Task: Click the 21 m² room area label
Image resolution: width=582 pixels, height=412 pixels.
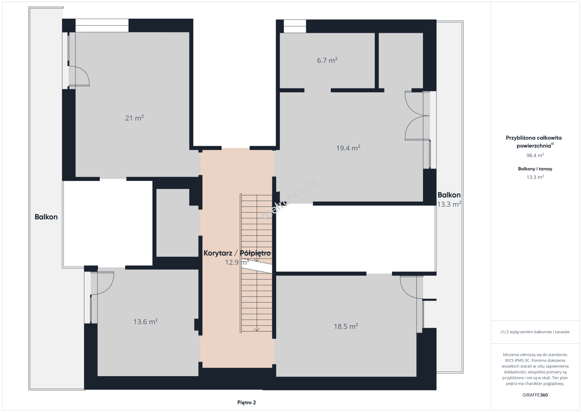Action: (134, 118)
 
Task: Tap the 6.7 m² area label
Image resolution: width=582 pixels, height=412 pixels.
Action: (327, 60)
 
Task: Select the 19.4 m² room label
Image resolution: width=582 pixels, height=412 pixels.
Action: (348, 148)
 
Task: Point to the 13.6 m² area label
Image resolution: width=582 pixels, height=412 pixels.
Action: (146, 322)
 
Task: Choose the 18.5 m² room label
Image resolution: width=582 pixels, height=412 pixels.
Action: (346, 326)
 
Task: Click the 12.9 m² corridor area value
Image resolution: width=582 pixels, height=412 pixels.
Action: (237, 262)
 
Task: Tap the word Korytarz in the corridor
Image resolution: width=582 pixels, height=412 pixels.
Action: (218, 253)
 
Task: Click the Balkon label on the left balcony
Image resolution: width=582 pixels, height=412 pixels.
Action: (46, 217)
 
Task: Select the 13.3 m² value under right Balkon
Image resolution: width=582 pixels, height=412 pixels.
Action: (449, 204)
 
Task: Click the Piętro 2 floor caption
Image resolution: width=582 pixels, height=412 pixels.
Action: (246, 402)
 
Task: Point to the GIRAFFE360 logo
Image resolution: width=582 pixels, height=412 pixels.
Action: (535, 395)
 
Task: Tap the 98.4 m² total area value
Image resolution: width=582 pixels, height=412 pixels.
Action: (535, 155)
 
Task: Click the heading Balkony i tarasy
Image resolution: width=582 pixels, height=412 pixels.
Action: (535, 169)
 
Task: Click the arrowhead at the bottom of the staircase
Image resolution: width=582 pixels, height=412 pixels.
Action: (257, 330)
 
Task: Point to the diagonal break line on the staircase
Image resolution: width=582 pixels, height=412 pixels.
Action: (257, 267)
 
